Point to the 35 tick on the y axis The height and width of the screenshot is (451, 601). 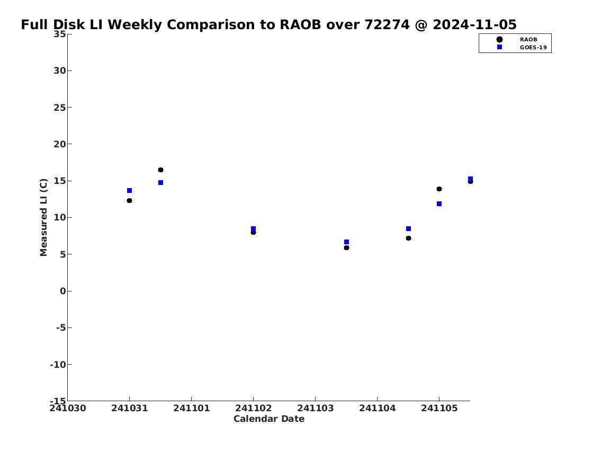click(59, 34)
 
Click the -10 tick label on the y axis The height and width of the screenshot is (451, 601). click(58, 364)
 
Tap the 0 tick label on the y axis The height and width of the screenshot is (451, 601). click(63, 291)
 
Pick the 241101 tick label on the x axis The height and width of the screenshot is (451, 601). click(191, 408)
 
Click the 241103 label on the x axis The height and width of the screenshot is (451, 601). click(315, 408)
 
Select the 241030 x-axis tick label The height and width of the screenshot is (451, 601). click(68, 408)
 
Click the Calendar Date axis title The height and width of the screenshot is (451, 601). click(268, 419)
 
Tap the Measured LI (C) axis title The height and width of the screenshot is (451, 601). click(43, 217)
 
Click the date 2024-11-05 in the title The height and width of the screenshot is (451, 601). click(474, 24)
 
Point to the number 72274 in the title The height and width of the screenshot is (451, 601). click(387, 24)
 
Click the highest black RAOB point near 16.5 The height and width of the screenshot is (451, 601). click(160, 170)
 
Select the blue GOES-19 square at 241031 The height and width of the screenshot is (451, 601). click(130, 191)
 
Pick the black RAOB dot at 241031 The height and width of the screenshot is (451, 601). click(130, 200)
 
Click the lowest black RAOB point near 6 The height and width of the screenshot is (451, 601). click(346, 247)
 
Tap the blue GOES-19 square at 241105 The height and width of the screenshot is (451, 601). click(439, 204)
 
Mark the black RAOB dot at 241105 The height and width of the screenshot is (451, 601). click(439, 189)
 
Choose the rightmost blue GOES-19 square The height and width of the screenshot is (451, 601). click(470, 179)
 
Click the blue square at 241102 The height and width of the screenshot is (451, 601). click(253, 229)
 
